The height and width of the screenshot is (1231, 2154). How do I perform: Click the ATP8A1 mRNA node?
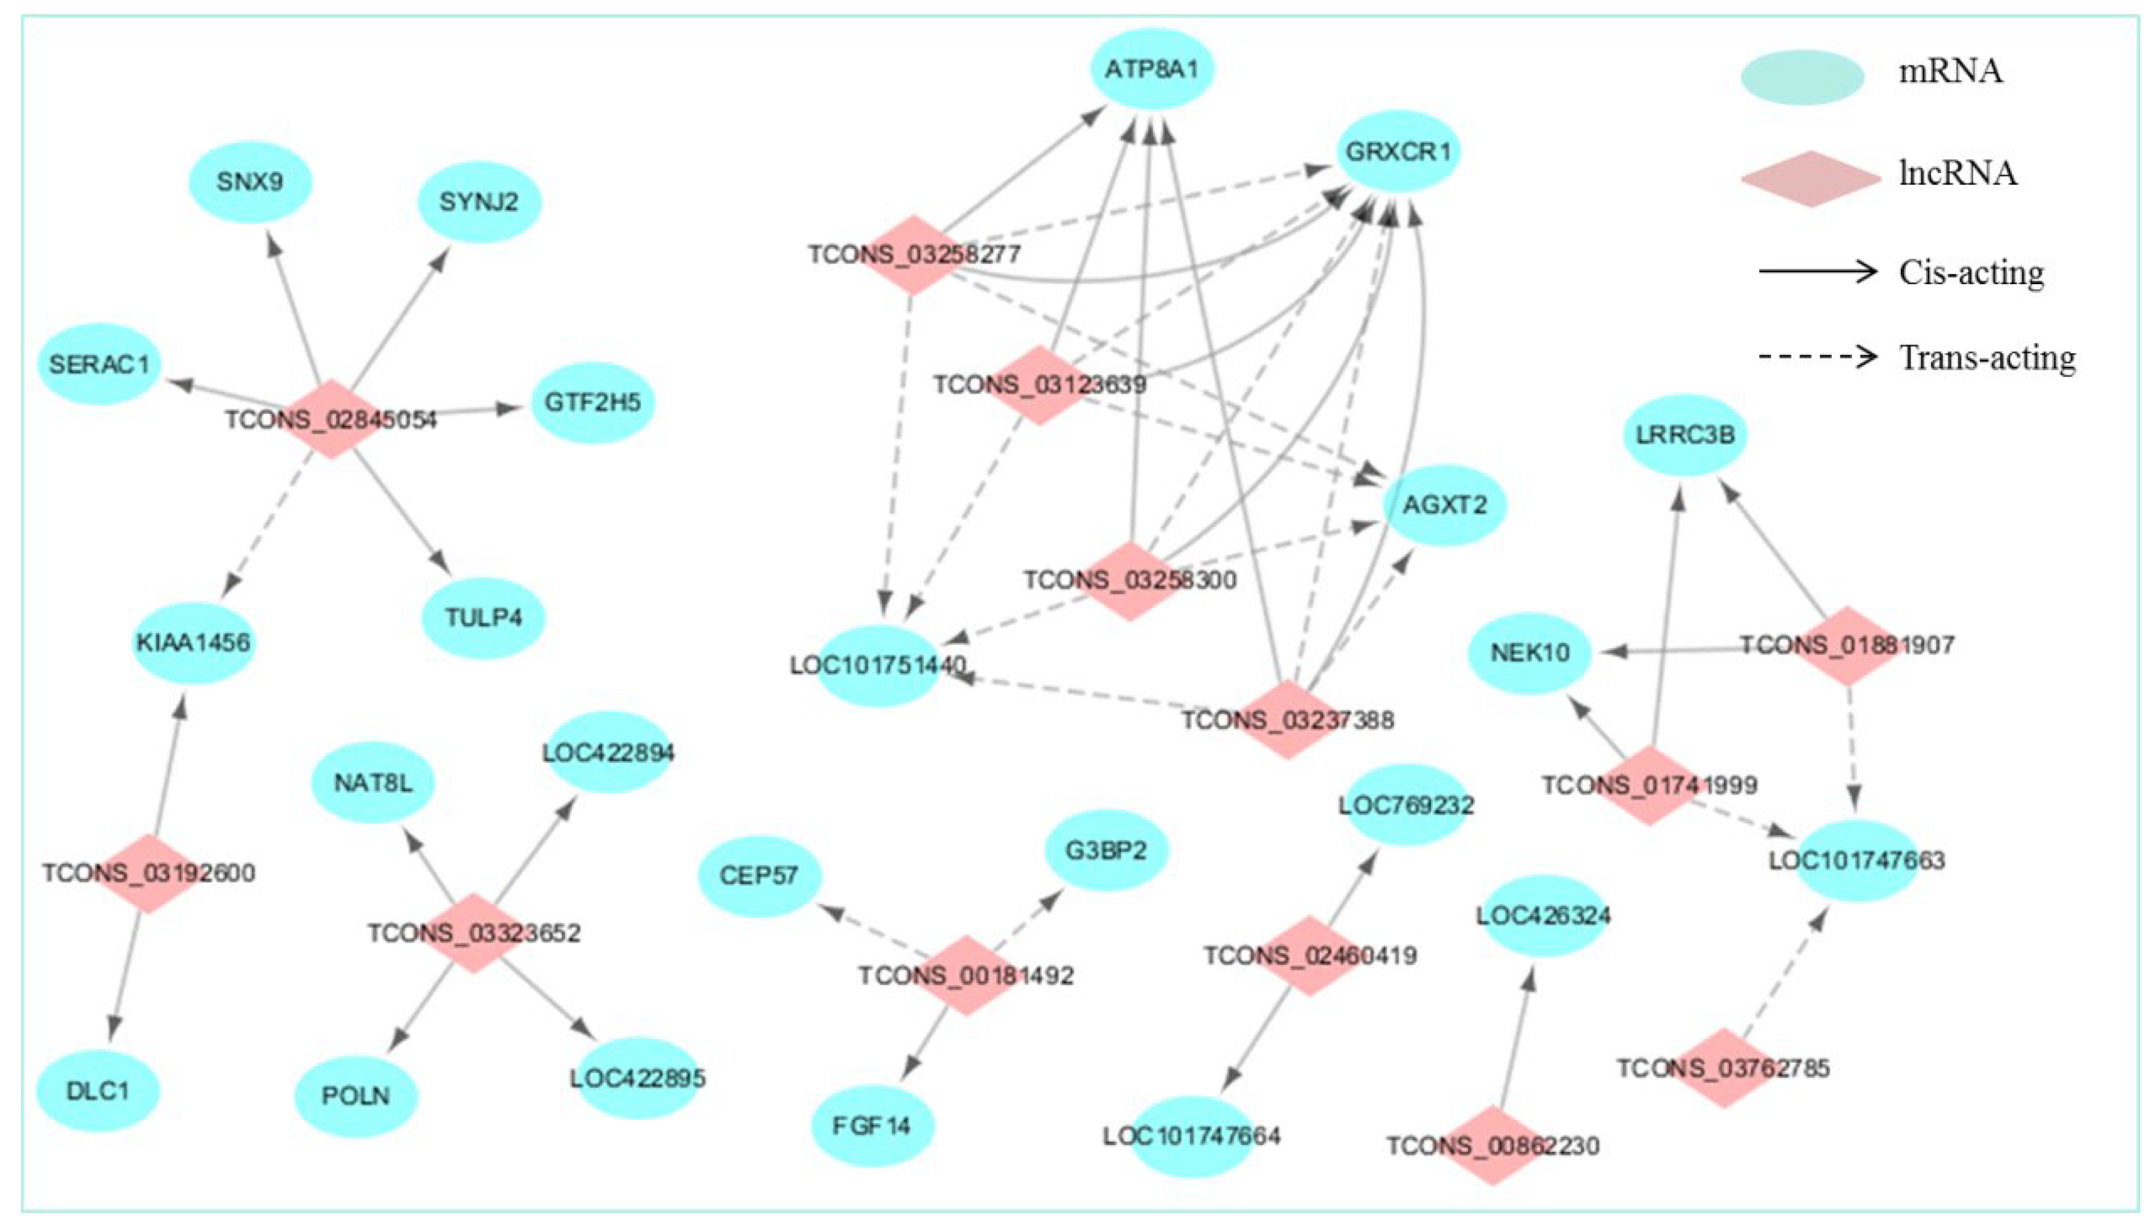point(1152,69)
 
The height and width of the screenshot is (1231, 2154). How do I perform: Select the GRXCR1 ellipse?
point(1398,152)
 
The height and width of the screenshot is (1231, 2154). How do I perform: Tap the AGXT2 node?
point(1444,505)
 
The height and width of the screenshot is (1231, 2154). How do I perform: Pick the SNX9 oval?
point(250,182)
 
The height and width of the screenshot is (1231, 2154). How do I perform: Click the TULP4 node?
point(484,617)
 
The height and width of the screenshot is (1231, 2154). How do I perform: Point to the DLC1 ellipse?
point(98,1091)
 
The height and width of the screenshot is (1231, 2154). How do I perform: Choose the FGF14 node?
point(872,1126)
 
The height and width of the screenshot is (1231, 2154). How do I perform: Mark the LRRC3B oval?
point(1685,435)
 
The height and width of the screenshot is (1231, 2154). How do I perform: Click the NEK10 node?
point(1530,653)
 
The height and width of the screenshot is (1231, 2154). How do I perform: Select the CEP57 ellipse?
point(759,875)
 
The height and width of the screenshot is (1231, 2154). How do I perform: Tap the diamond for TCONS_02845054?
point(331,419)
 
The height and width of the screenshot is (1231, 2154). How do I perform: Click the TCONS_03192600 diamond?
point(149,873)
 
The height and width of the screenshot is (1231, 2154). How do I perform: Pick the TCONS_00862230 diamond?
point(1493,1146)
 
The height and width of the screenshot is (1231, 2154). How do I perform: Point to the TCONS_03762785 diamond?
point(1723,1068)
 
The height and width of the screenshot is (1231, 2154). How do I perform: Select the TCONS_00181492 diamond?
point(966,975)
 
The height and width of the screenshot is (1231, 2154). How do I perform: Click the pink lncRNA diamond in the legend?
point(1809,179)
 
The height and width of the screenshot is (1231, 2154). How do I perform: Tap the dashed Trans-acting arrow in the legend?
point(1817,357)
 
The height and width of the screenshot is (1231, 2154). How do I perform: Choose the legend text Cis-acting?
point(1971,272)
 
